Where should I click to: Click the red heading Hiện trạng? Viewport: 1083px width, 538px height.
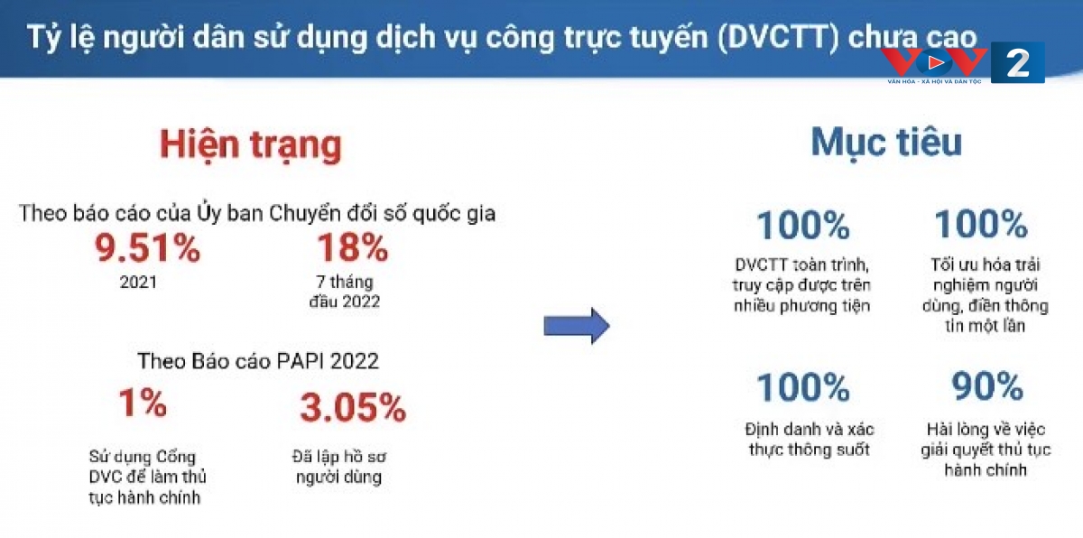coord(251,145)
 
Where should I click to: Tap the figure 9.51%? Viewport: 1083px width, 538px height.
coord(147,248)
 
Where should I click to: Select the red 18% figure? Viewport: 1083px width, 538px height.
coord(353,247)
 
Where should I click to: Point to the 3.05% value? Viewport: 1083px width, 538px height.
coord(353,407)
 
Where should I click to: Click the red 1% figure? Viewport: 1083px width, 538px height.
coord(143,403)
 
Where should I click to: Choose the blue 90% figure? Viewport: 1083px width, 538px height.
coord(987,386)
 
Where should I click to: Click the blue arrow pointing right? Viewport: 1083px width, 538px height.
coord(577,325)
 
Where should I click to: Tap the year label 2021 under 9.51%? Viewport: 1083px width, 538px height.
coord(138,282)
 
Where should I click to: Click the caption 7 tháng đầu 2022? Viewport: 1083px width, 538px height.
coord(344,292)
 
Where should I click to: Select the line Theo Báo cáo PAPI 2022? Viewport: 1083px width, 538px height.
coord(258,361)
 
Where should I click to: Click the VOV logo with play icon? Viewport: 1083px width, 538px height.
coord(934,65)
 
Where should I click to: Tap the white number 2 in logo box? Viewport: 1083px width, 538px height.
coord(1017,63)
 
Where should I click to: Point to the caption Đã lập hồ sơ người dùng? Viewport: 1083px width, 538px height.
coord(339,467)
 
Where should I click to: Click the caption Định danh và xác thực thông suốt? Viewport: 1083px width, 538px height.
coord(810,439)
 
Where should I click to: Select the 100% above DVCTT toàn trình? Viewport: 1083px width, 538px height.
coord(803,226)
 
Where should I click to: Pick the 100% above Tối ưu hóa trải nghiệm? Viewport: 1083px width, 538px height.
coord(981,224)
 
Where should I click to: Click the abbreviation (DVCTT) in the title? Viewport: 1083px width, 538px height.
coord(778,37)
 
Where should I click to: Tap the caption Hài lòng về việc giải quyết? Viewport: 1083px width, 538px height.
coord(986,449)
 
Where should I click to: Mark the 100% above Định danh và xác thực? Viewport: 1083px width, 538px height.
coord(803,387)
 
